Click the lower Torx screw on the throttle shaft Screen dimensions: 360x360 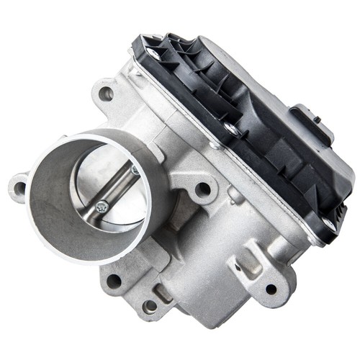(102, 206)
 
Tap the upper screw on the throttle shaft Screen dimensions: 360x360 (135, 170)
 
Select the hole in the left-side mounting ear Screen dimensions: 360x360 (19, 189)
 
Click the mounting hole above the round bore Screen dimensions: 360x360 (106, 92)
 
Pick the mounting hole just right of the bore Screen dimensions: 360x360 (203, 189)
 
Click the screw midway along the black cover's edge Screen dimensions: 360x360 (231, 129)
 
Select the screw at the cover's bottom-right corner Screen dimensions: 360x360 (328, 225)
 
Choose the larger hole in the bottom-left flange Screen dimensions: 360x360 (113, 281)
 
